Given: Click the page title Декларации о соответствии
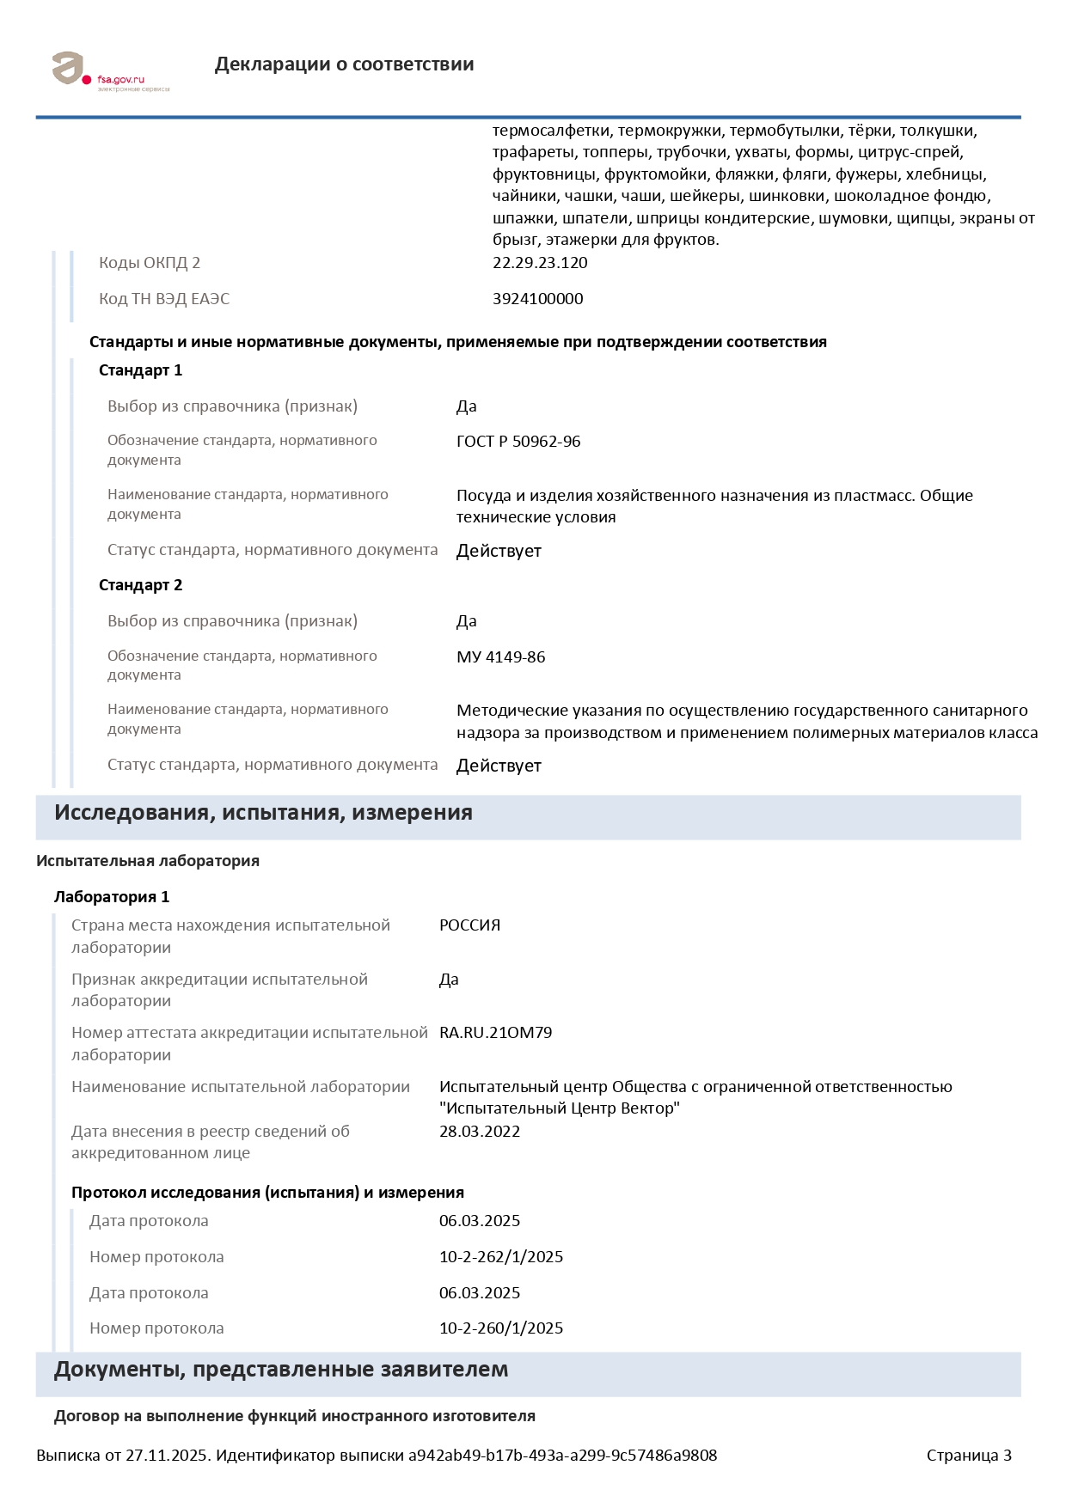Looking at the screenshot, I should pyautogui.click(x=344, y=64).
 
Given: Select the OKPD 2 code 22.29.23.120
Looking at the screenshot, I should pyautogui.click(x=540, y=263).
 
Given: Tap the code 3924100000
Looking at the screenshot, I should pyautogui.click(x=537, y=299).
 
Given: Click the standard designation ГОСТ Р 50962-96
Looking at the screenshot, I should pyautogui.click(x=518, y=442).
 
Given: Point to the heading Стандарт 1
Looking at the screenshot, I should pyautogui.click(x=140, y=370).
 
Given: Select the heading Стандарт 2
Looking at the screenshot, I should pyautogui.click(x=140, y=585).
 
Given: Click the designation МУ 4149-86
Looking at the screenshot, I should pyautogui.click(x=500, y=657).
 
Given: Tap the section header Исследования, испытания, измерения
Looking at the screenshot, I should pyautogui.click(x=263, y=813).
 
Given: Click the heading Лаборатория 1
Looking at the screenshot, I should pyautogui.click(x=112, y=897).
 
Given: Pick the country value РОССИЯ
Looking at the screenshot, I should pyautogui.click(x=469, y=925).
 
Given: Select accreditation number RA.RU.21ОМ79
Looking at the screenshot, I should pyautogui.click(x=495, y=1033).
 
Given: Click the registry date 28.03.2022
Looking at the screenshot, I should pyautogui.click(x=480, y=1132).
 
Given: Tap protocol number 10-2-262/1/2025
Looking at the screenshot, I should pyautogui.click(x=501, y=1257).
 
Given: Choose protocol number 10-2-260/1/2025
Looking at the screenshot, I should pyautogui.click(x=501, y=1328).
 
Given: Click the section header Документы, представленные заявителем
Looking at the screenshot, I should pyautogui.click(x=281, y=1370).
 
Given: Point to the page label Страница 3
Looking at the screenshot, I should pyautogui.click(x=969, y=1456).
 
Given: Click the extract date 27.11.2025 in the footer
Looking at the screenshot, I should pyautogui.click(x=167, y=1456).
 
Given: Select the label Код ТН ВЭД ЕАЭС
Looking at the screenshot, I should pyautogui.click(x=164, y=299).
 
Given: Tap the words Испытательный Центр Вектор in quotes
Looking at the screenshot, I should pyautogui.click(x=560, y=1108).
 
